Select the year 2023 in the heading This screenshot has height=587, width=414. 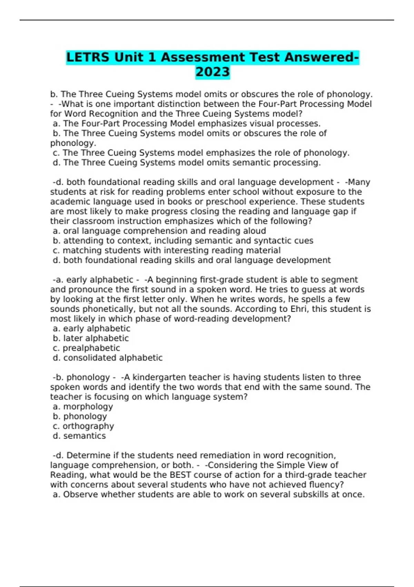point(213,72)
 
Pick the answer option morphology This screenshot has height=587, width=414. point(88,406)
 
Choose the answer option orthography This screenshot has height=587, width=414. point(88,426)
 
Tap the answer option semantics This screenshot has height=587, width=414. point(84,436)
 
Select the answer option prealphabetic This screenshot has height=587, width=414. point(91,348)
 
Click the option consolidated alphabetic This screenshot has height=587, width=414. point(112,358)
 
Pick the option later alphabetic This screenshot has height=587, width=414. point(96,338)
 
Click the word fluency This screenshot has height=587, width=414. point(326,485)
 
